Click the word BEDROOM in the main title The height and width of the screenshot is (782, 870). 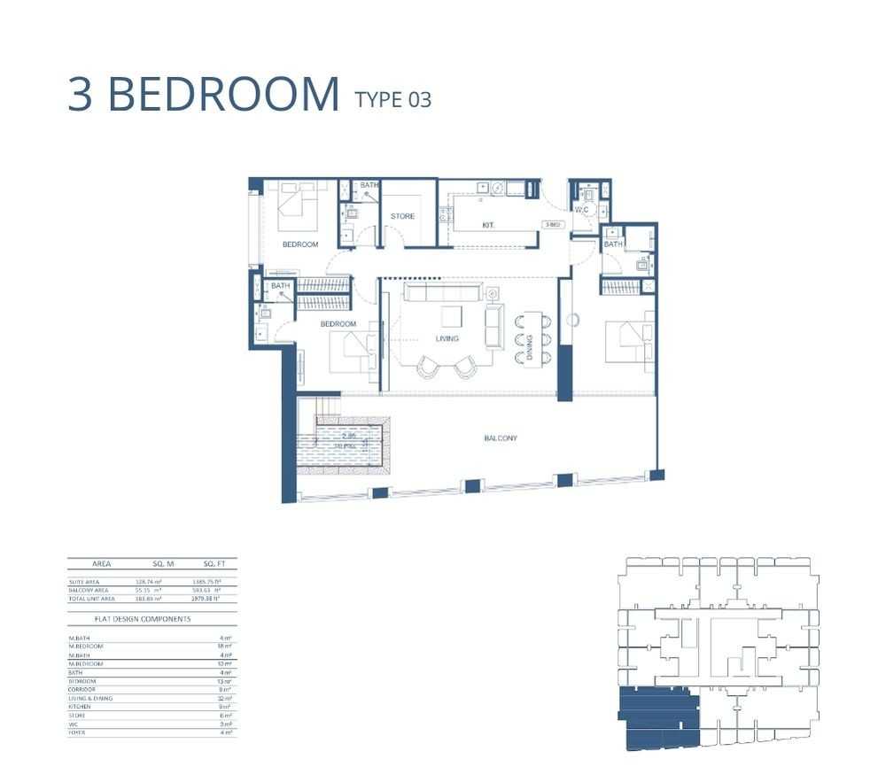[x=223, y=95]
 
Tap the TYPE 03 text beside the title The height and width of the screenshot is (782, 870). [x=392, y=99]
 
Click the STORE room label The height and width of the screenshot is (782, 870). [x=402, y=216]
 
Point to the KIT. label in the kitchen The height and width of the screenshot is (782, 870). [x=487, y=226]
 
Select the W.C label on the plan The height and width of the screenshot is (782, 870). [x=581, y=210]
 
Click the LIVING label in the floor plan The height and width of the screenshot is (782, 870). [x=447, y=338]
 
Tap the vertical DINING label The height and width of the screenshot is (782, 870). [x=530, y=340]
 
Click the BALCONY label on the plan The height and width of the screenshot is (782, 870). [x=500, y=438]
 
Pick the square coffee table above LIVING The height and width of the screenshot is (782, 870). [x=451, y=316]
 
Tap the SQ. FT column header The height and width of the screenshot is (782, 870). [x=210, y=563]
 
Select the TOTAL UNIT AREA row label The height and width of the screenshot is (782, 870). [x=91, y=599]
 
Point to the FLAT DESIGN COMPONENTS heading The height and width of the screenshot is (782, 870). [x=142, y=619]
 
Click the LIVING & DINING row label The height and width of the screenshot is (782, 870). [x=89, y=698]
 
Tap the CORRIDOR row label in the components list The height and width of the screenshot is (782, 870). [x=82, y=689]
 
